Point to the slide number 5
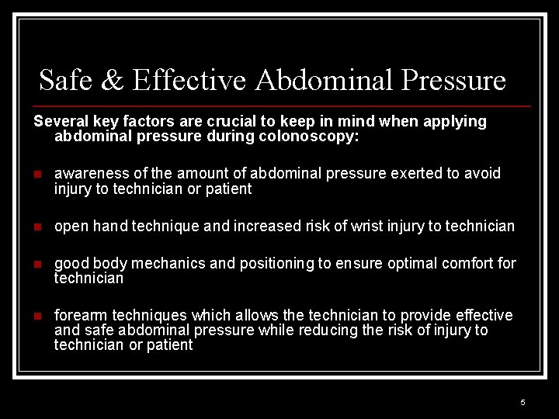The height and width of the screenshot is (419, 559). [523, 402]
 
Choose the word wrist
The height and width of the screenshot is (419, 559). [368, 226]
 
